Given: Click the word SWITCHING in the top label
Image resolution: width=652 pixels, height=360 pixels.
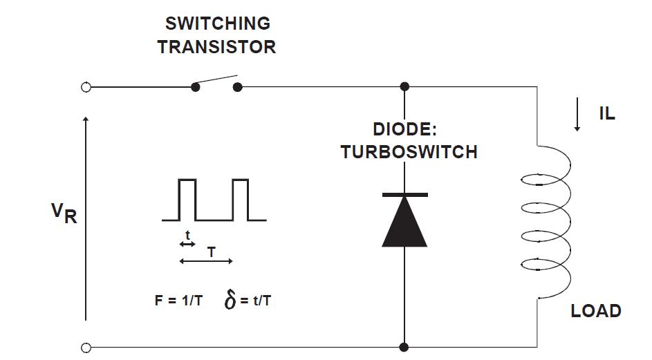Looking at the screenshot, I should (x=217, y=23).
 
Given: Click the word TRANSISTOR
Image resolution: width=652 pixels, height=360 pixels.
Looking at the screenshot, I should (x=217, y=47).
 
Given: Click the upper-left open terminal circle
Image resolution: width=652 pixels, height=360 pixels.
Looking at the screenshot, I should (x=86, y=87).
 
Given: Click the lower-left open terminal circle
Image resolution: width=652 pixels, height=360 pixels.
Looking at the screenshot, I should (x=86, y=348).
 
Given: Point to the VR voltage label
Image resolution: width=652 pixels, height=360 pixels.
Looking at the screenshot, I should (x=64, y=214).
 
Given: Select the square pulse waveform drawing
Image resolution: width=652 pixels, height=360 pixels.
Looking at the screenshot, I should (x=214, y=200).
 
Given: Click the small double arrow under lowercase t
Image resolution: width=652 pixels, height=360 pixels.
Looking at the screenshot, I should (x=187, y=244).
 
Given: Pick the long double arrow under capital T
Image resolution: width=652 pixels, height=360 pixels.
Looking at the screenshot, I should (x=205, y=261).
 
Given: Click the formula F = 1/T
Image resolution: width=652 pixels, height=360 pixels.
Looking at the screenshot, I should (x=178, y=301).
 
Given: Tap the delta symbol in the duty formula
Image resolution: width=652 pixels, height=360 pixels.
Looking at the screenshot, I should (x=231, y=301).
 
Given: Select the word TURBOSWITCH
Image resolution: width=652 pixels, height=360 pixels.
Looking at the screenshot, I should (x=409, y=152).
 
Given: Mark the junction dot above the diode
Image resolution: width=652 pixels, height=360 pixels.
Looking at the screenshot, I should (x=404, y=87).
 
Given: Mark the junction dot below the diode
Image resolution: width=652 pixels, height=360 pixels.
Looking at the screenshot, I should (x=404, y=347).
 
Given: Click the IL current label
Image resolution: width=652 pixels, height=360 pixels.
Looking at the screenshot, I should (x=606, y=115).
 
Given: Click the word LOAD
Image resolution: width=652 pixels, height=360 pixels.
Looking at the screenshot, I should (x=595, y=311).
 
